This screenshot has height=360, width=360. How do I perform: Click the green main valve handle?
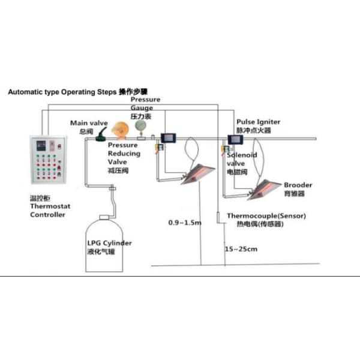(104, 131)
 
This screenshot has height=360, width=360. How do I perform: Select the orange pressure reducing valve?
(118, 130)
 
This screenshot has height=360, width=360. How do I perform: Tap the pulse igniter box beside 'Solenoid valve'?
(234, 139)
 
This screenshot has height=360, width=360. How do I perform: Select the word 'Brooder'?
(298, 185)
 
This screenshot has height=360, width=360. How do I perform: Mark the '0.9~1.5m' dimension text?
(185, 223)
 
